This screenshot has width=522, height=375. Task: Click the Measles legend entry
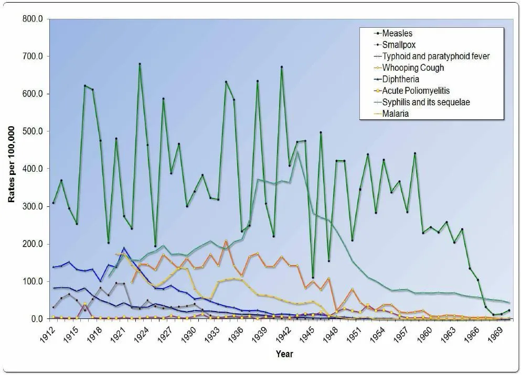click(398, 34)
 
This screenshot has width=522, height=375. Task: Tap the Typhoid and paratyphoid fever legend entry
click(436, 56)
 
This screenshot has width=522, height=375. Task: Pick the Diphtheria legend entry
click(401, 79)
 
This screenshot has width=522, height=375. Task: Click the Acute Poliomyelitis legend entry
click(416, 91)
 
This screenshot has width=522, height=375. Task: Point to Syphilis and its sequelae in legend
click(425, 102)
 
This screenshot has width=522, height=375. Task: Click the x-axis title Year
click(285, 354)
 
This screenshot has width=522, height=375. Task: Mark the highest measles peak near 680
click(140, 64)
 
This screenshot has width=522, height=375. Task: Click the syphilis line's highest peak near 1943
click(297, 152)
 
